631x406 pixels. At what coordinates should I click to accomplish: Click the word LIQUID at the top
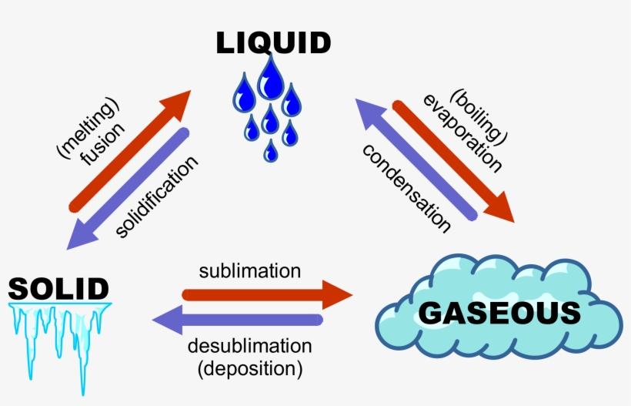(273, 43)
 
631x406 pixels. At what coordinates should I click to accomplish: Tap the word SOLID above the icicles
(58, 289)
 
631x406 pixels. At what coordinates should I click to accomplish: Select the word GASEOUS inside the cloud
(499, 314)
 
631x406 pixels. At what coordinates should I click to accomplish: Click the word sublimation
(249, 271)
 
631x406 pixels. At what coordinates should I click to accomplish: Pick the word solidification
(157, 197)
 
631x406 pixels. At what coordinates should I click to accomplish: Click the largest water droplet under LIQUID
(270, 79)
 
